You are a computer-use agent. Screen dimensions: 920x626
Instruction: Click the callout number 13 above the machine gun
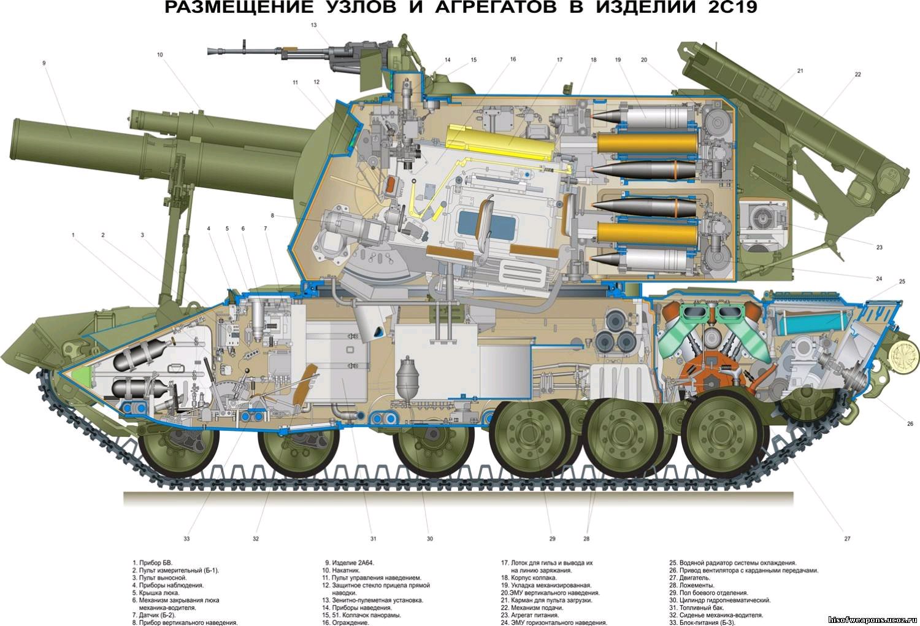coord(314,25)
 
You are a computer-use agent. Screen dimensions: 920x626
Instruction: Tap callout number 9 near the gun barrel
coord(44,63)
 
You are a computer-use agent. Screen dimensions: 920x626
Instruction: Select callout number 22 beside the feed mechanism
coord(857,74)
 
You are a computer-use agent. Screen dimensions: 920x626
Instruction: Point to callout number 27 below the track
coord(847,538)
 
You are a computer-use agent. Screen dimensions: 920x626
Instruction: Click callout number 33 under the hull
coord(187,539)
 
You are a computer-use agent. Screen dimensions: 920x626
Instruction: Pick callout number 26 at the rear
coord(910,423)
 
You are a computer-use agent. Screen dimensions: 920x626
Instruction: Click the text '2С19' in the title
coord(733,8)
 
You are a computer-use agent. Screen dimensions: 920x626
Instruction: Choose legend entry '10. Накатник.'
coord(341,571)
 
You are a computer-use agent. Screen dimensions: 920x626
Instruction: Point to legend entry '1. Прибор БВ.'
coord(152,563)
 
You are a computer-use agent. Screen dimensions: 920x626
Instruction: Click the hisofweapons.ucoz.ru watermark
coord(872,620)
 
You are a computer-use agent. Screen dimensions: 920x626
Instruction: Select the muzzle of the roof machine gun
coord(210,51)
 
